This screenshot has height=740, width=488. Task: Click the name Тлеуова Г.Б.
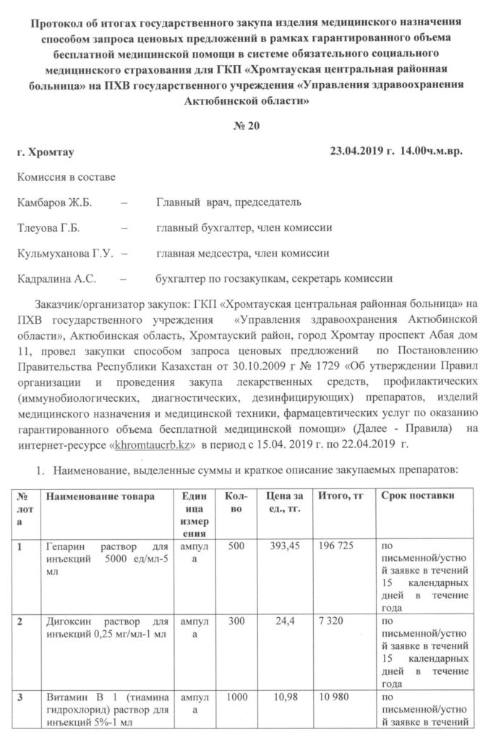coord(47,228)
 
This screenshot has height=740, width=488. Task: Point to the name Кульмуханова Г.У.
coord(62,253)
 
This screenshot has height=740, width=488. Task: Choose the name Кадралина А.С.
coord(56,278)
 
